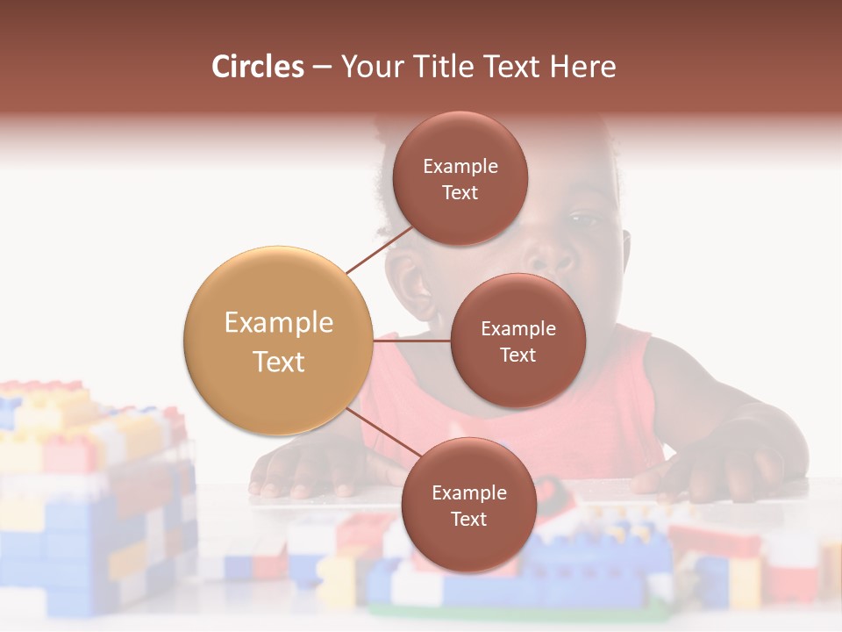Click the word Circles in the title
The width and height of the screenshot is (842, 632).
(x=258, y=67)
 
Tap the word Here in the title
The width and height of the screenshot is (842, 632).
(x=582, y=67)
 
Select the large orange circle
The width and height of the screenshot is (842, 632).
(x=278, y=341)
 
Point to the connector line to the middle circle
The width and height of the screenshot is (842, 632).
(x=411, y=341)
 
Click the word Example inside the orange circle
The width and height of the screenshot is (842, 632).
(x=278, y=322)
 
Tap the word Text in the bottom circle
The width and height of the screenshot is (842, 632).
(x=468, y=519)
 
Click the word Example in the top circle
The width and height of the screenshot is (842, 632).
(x=460, y=166)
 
